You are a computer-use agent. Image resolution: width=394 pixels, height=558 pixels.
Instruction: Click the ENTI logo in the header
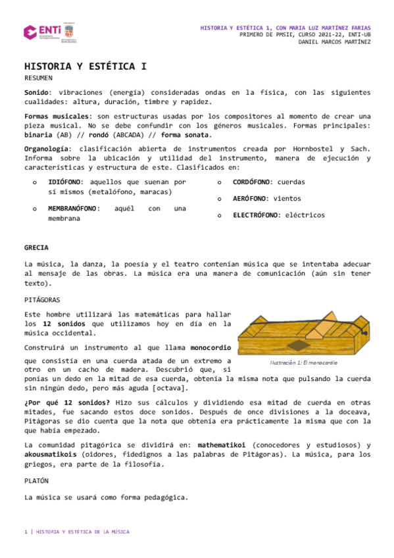pyautogui.click(x=40, y=31)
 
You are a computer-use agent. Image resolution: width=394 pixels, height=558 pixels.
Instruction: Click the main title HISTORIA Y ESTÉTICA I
pyautogui.click(x=86, y=66)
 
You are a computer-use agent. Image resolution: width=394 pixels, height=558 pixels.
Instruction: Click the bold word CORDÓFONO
pyautogui.click(x=253, y=182)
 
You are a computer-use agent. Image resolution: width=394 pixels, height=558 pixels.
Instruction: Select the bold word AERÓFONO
pyautogui.click(x=250, y=198)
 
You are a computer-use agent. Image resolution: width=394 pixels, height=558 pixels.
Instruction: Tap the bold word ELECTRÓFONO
pyautogui.click(x=257, y=215)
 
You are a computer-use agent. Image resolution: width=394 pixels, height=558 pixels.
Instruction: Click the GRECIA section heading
pyautogui.click(x=37, y=247)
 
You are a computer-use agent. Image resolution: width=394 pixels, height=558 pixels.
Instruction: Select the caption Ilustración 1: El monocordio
pyautogui.click(x=303, y=363)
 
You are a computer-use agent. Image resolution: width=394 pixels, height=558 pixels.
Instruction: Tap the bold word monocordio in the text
pyautogui.click(x=210, y=347)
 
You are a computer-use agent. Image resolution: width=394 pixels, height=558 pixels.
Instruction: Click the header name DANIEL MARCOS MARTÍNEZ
pyautogui.click(x=334, y=42)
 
